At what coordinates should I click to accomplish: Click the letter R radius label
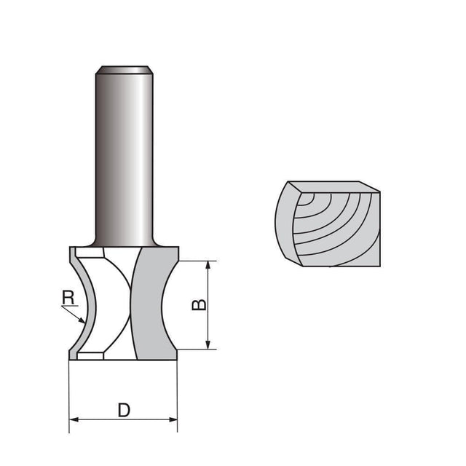coord(68,296)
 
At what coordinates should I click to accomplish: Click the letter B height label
coord(198,304)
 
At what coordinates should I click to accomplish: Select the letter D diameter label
coord(124,409)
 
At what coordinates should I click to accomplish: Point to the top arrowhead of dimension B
coord(209,265)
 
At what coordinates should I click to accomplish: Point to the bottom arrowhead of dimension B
coord(209,344)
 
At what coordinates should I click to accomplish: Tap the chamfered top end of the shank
coord(124,69)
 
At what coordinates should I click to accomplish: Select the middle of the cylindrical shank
coord(124,153)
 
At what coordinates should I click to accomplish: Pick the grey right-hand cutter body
coord(154,306)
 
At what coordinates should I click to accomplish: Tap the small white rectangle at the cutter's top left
coord(89,255)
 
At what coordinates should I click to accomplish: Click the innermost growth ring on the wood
coord(309,197)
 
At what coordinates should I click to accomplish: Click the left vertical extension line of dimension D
coord(69,393)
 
